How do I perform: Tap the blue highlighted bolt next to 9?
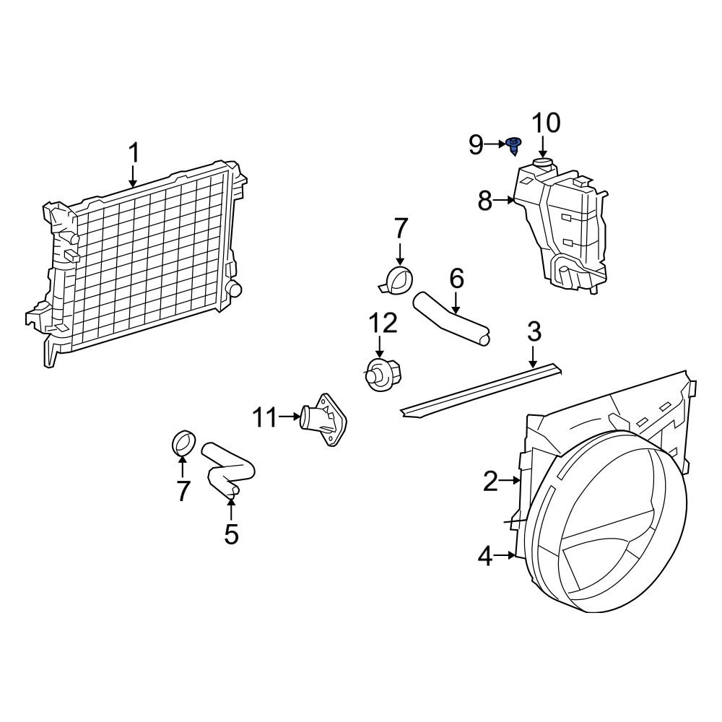[x=514, y=145]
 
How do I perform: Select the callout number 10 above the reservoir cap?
[x=546, y=123]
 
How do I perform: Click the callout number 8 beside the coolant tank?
[x=485, y=201]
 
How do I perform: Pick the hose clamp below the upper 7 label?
[x=397, y=280]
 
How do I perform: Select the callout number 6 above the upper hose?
[x=456, y=279]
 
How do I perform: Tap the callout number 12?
[x=383, y=323]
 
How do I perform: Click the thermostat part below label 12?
[x=380, y=374]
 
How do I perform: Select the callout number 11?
[x=265, y=417]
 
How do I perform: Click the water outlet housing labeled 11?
[x=323, y=419]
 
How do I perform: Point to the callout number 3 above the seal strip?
[x=534, y=333]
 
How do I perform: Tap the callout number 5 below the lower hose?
[x=231, y=534]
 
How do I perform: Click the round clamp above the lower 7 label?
[x=185, y=442]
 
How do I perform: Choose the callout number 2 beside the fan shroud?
[x=491, y=481]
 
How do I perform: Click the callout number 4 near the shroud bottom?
[x=485, y=556]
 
